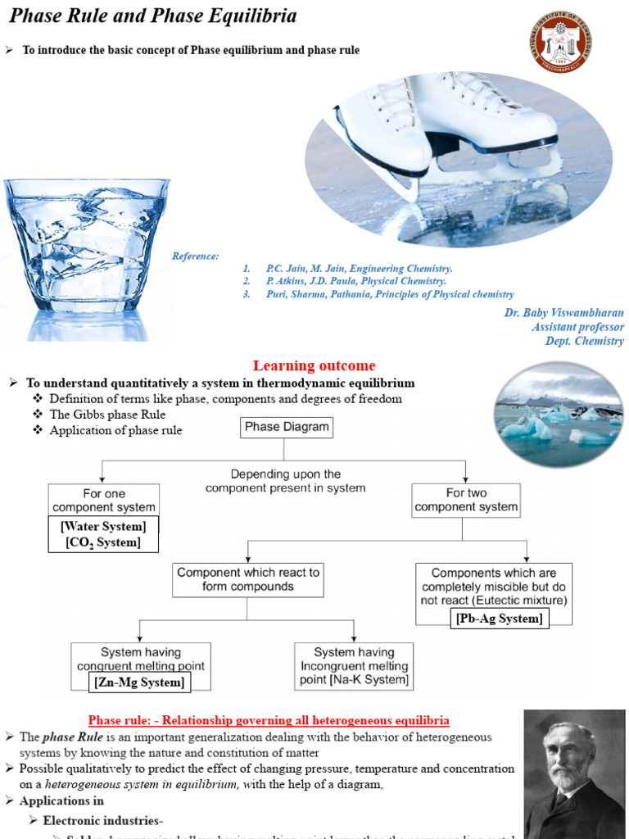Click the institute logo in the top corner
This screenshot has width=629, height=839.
click(x=561, y=40)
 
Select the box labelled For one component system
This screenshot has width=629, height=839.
click(x=103, y=500)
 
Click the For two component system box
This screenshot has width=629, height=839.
click(x=466, y=500)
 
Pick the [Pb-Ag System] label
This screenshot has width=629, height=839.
click(x=499, y=619)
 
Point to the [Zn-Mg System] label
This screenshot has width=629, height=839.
click(x=139, y=682)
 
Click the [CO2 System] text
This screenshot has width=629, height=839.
click(x=103, y=542)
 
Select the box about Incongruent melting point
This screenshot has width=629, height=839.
click(x=354, y=665)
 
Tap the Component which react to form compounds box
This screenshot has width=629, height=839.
click(x=248, y=579)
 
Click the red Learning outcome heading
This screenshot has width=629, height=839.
click(x=314, y=365)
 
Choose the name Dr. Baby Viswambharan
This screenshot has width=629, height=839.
click(x=563, y=313)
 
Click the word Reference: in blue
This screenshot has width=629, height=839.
click(x=196, y=256)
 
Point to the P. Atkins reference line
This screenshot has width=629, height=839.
click(x=355, y=281)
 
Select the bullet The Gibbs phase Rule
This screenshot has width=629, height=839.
click(x=107, y=415)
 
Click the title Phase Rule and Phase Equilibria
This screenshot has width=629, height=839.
click(x=153, y=16)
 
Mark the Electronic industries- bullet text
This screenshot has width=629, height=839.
click(x=103, y=820)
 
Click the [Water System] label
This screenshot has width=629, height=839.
click(x=103, y=526)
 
